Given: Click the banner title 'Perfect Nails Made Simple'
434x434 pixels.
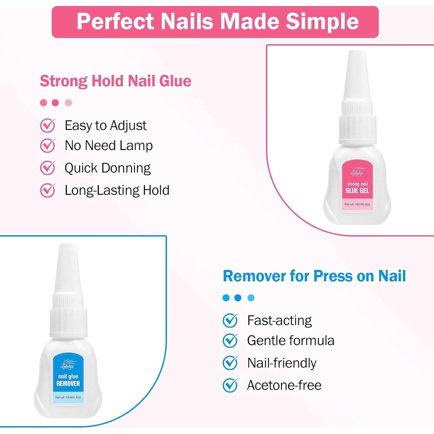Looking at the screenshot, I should pyautogui.click(x=218, y=21).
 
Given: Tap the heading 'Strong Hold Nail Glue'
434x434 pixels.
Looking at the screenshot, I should pyautogui.click(x=115, y=81).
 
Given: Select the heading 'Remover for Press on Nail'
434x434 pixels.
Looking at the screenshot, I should pyautogui.click(x=314, y=276).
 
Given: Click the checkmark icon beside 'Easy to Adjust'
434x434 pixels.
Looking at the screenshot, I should pyautogui.click(x=47, y=126).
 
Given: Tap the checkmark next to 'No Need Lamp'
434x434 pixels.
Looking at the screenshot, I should pyautogui.click(x=47, y=145).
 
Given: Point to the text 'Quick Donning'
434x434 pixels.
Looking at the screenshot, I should pyautogui.click(x=107, y=168).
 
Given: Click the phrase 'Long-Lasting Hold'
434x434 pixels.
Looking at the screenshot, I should pyautogui.click(x=117, y=190).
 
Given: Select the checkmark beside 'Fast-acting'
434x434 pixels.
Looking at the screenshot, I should pyautogui.click(x=230, y=321).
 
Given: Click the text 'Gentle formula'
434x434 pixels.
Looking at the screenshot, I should pyautogui.click(x=290, y=341).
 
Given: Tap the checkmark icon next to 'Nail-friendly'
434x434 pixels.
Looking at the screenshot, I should pyautogui.click(x=230, y=363).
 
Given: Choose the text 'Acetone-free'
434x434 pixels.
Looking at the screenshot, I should pyautogui.click(x=284, y=385).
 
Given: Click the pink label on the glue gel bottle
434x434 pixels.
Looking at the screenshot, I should pyautogui.click(x=357, y=185).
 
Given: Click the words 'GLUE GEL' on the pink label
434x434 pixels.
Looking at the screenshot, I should pyautogui.click(x=357, y=191).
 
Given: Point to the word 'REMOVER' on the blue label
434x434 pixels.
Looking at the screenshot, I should pyautogui.click(x=68, y=384).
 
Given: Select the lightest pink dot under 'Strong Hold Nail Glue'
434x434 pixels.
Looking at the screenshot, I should pyautogui.click(x=68, y=103).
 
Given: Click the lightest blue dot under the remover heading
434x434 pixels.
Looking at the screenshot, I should pyautogui.click(x=251, y=298).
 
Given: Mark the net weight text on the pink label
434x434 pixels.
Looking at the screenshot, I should pyautogui.click(x=357, y=204).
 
